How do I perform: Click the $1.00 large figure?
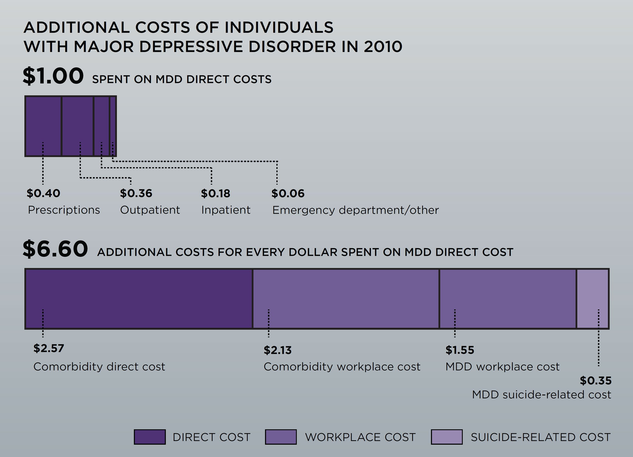click(x=53, y=76)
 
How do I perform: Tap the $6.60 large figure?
click(x=55, y=249)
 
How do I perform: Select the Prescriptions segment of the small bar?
click(x=43, y=120)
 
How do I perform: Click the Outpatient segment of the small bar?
click(x=77, y=120)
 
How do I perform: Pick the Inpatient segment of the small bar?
click(x=101, y=120)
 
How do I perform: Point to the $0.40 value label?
click(x=43, y=193)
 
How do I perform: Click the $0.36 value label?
click(x=136, y=193)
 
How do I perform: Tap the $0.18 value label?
click(x=215, y=193)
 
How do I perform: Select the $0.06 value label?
click(x=288, y=193)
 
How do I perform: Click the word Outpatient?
click(x=150, y=210)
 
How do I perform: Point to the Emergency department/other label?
click(x=355, y=210)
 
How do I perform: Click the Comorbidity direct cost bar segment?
click(x=139, y=299)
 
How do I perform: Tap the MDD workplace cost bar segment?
click(x=508, y=299)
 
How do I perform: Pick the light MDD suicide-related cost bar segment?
click(x=592, y=299)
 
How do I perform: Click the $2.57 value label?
click(x=48, y=348)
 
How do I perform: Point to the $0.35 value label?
click(x=596, y=381)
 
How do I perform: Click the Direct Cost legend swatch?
click(x=150, y=437)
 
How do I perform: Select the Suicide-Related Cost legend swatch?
click(x=447, y=437)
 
